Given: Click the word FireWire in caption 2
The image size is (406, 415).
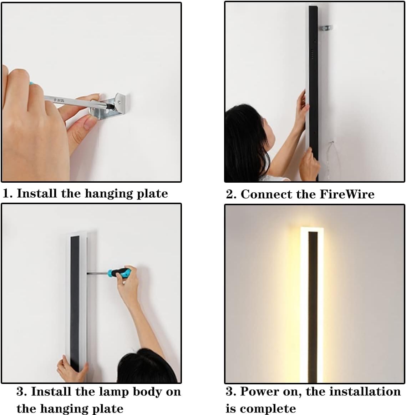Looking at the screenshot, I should click(x=347, y=194).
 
